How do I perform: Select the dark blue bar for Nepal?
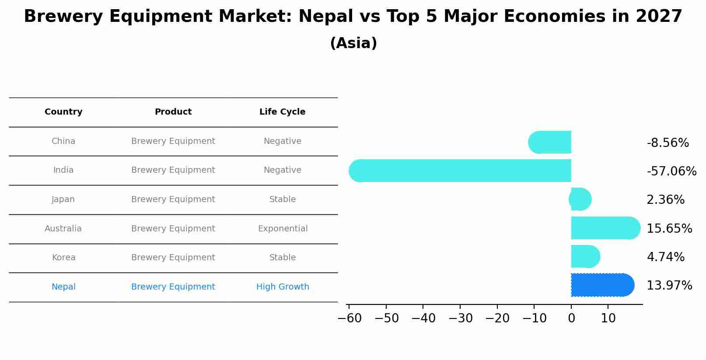(602, 285)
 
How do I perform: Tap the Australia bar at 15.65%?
(605, 228)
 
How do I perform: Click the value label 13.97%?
(669, 286)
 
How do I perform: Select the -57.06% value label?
(671, 171)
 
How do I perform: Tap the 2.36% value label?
(665, 200)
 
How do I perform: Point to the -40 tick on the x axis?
(423, 318)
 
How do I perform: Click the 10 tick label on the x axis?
(608, 318)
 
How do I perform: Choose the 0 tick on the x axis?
(571, 318)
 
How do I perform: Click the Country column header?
(63, 112)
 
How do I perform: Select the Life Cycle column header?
(282, 112)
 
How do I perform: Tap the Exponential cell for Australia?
(283, 229)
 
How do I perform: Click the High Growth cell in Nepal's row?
(283, 287)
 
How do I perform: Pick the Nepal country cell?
(63, 287)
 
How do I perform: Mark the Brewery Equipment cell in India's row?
(173, 170)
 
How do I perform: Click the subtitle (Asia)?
(353, 43)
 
